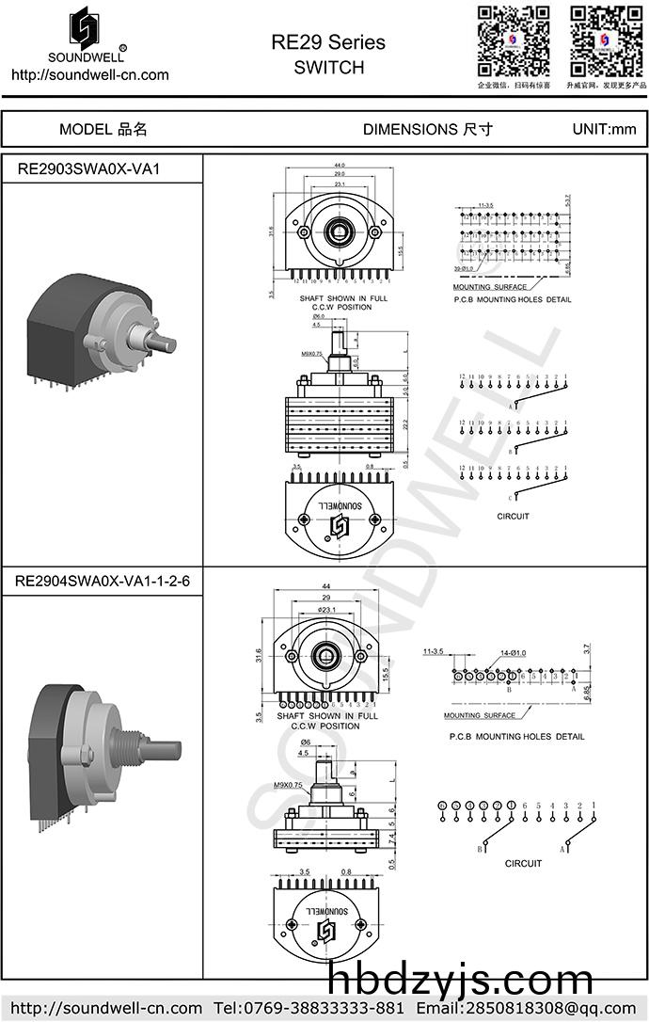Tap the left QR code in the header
tap(514, 40)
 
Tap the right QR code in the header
tap(605, 40)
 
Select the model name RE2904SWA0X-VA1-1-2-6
tap(102, 582)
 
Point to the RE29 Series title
tap(328, 43)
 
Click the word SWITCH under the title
tap(328, 68)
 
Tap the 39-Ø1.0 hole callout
tap(463, 269)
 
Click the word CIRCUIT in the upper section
tap(514, 516)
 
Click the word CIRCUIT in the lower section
tap(523, 863)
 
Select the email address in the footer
tap(542, 1009)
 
